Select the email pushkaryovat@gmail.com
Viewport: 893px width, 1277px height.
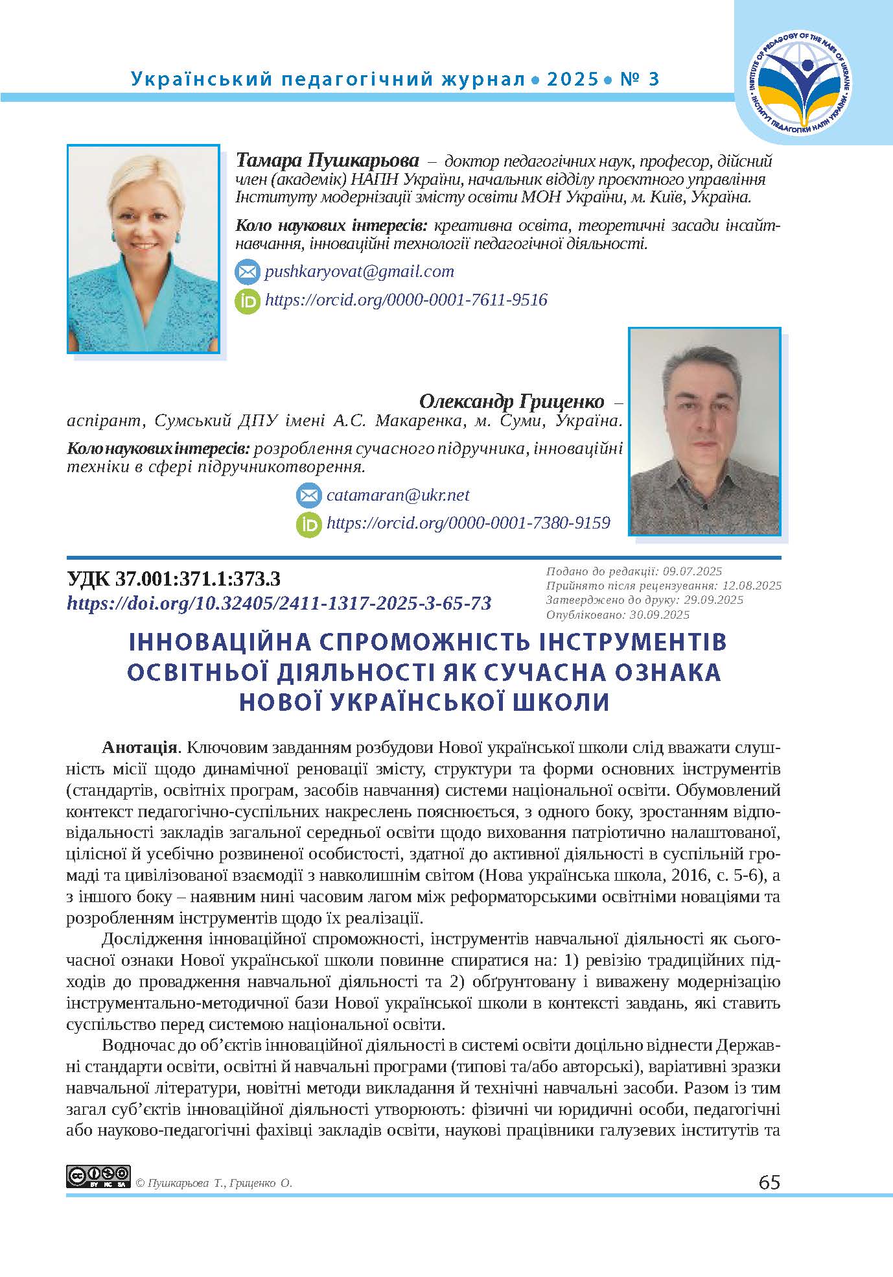coord(359,271)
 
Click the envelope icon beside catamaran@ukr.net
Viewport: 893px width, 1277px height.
coord(308,496)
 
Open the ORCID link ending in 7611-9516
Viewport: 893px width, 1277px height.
coord(406,300)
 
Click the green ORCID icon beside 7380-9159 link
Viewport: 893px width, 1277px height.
coord(308,524)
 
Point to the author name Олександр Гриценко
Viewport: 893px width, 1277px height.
coord(512,401)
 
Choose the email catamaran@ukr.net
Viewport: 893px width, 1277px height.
coord(398,495)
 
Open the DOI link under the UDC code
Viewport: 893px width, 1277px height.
coord(279,603)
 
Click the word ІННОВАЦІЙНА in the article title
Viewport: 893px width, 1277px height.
coord(210,642)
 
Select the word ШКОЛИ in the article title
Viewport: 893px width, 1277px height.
coord(567,702)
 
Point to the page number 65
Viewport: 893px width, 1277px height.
coord(769,1182)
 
